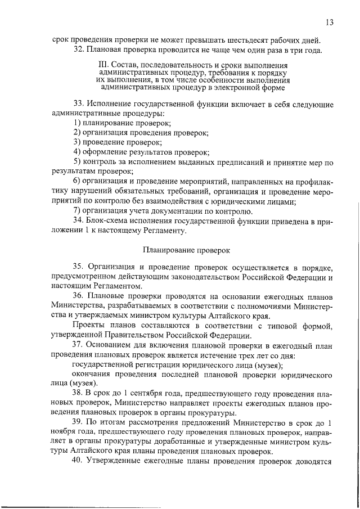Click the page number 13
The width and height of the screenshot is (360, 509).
[329, 22]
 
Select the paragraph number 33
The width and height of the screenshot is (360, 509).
[79, 104]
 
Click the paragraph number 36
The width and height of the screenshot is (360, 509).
[79, 296]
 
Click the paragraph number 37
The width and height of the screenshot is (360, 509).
[79, 344]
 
